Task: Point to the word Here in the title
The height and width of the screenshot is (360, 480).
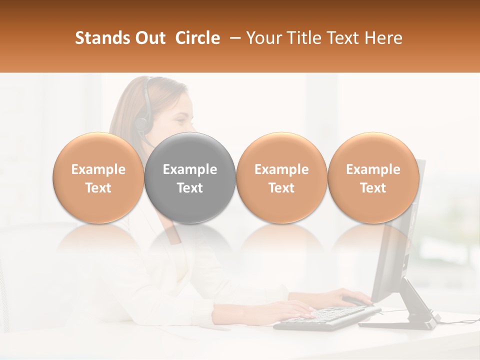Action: (385, 38)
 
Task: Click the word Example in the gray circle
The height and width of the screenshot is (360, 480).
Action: (190, 169)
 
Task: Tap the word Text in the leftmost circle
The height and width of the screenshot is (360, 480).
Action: (98, 188)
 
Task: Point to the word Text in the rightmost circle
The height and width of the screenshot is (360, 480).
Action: (373, 188)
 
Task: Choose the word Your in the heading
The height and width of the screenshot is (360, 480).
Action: (262, 38)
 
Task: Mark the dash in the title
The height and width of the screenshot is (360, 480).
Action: (233, 38)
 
